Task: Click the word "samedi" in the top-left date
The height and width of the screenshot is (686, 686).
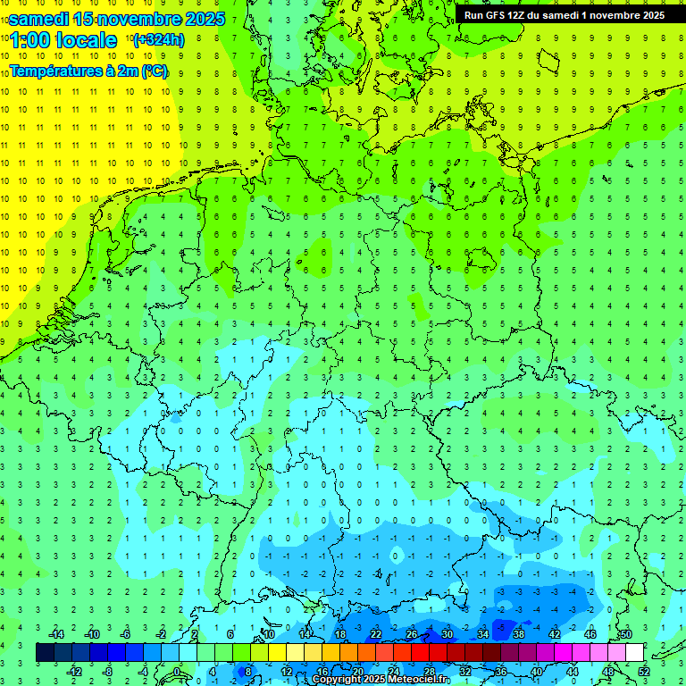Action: (x=39, y=18)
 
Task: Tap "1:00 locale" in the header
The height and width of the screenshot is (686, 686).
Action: (x=63, y=40)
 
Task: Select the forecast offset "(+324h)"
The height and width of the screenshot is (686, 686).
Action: (x=158, y=40)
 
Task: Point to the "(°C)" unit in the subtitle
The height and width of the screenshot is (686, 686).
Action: (x=154, y=71)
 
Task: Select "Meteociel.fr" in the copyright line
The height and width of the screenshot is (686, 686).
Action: (x=420, y=680)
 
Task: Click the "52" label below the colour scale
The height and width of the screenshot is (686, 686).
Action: (x=643, y=671)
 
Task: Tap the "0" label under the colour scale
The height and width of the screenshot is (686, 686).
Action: (x=177, y=671)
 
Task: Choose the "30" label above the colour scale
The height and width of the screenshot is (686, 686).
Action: (x=447, y=634)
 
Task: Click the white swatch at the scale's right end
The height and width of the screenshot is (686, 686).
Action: (x=634, y=652)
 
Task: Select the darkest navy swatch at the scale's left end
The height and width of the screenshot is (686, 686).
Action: (x=45, y=652)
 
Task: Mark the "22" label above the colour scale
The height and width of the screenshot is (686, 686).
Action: (x=375, y=634)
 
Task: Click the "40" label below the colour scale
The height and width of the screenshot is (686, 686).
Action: (x=536, y=671)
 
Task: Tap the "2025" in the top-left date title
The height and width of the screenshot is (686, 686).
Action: (x=205, y=18)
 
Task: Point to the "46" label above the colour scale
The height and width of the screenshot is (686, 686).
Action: (x=590, y=634)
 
